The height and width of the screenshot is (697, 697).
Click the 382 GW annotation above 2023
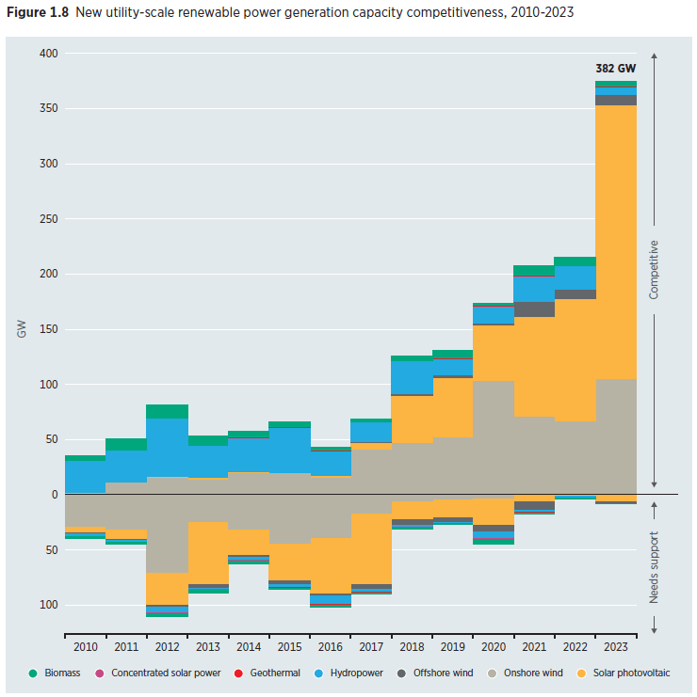615,69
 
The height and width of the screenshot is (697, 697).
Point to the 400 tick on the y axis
48,54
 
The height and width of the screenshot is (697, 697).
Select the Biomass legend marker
33,673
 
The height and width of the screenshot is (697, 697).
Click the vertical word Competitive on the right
654,269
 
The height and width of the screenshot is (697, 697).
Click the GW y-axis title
21,329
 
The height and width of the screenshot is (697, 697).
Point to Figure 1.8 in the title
39,13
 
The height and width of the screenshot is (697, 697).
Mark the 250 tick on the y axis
48,219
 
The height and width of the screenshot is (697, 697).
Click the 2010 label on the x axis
84,646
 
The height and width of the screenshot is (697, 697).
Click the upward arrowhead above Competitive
654,55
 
